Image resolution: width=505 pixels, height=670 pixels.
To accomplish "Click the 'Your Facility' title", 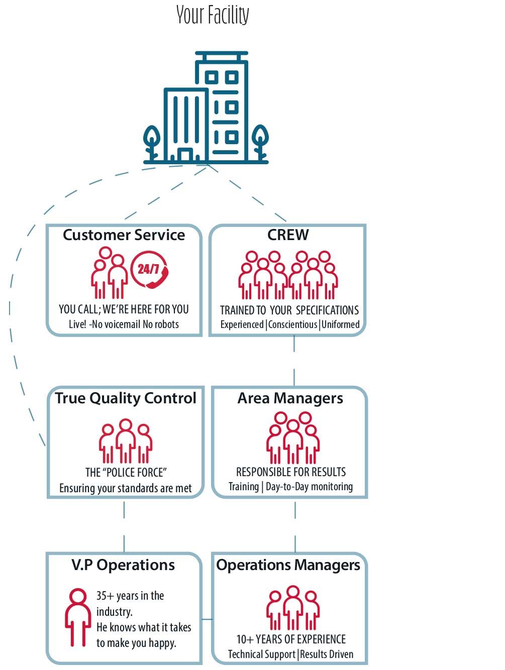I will [x=213, y=15].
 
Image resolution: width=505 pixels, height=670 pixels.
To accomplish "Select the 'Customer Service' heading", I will [x=124, y=235].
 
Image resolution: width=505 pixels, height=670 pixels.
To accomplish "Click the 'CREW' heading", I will [x=288, y=235].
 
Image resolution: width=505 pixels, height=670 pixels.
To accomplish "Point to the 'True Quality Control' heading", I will [x=126, y=398].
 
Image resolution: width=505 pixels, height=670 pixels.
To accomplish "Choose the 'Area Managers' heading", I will [x=290, y=398].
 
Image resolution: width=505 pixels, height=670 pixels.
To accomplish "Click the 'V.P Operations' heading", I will [x=123, y=565].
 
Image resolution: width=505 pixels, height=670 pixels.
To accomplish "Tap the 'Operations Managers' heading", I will [x=288, y=565].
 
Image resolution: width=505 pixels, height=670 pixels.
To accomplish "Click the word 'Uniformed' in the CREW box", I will [x=341, y=324].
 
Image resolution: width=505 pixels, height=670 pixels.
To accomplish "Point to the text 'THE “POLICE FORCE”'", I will [x=126, y=473].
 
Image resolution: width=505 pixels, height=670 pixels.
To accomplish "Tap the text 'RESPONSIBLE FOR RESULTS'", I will [x=291, y=472].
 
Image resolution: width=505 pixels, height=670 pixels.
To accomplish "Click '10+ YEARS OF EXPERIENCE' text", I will [x=291, y=639].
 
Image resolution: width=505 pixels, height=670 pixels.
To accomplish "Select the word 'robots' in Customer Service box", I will [x=167, y=324].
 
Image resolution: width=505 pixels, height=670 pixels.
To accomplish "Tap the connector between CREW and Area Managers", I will [x=294, y=361].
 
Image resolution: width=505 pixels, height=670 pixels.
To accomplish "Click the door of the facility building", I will [x=184, y=155].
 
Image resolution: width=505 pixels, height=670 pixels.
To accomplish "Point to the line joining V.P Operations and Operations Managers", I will [x=207, y=619].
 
